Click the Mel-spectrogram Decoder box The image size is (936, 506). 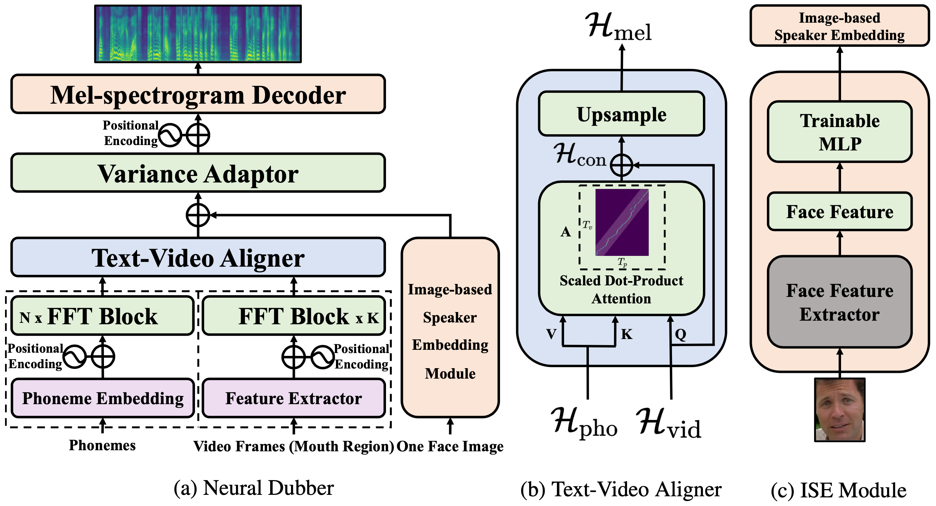(x=198, y=95)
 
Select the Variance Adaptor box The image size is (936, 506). (x=198, y=173)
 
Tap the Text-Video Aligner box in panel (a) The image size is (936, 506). (x=198, y=257)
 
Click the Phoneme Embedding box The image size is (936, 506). (x=103, y=398)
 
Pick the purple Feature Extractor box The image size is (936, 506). (x=294, y=398)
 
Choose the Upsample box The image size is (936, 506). (x=621, y=114)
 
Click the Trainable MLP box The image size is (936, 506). (x=840, y=132)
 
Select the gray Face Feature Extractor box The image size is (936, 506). (x=840, y=302)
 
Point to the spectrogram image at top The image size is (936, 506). (x=198, y=33)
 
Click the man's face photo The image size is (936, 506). (x=840, y=410)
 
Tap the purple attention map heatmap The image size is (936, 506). (x=622, y=222)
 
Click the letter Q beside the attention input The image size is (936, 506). (x=680, y=334)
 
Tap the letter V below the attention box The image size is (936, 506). (x=551, y=334)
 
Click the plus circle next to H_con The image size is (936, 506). (x=622, y=165)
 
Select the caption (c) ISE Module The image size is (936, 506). (x=838, y=490)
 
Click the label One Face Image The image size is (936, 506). (x=450, y=446)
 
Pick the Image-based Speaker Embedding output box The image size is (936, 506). (x=840, y=26)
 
